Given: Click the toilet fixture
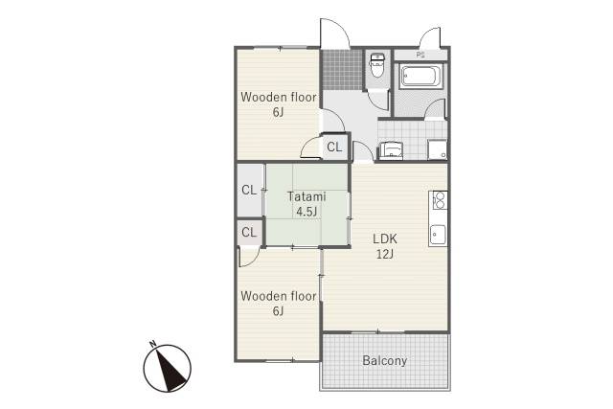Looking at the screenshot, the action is point(377,65).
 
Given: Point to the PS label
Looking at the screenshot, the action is point(420,56).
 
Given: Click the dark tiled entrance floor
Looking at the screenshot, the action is point(342,69).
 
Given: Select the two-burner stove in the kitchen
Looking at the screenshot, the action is point(439,200).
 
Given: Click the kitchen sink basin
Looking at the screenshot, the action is point(438,235).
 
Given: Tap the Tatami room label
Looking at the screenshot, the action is point(306,196).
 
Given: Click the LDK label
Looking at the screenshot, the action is point(385,239).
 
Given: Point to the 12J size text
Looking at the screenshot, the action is point(385,254).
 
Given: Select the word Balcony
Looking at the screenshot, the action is point(385,360).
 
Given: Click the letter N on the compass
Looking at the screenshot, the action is point(153,344).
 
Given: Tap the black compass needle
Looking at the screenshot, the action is point(170,370).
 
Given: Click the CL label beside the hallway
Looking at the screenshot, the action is point(334,147).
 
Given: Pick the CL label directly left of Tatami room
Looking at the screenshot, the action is point(249,191).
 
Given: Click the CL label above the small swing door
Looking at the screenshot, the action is point(249,232).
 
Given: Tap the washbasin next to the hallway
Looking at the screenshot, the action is point(391,150).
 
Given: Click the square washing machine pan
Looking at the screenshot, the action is point(437,149).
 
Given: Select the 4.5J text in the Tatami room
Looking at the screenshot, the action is point(306,212).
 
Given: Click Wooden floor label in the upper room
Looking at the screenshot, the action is point(279,97).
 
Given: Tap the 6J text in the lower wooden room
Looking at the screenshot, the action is point(278,311).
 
